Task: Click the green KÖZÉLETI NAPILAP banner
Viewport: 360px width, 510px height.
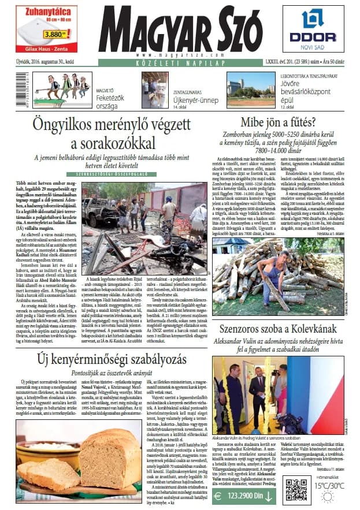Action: (180, 62)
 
